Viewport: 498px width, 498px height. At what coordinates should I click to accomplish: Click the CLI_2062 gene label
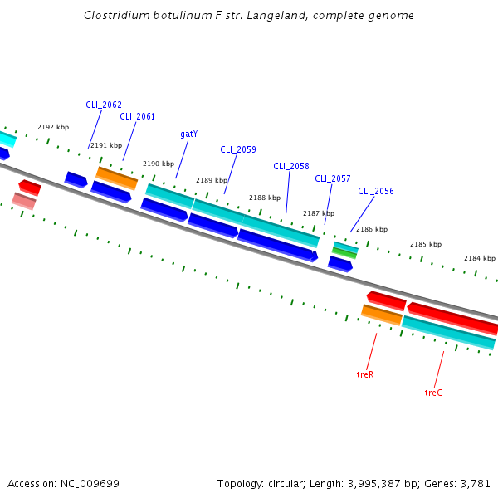(x=104, y=105)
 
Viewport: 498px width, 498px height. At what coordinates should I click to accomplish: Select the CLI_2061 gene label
(x=137, y=117)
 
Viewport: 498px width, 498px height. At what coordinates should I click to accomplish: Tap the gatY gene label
(x=188, y=134)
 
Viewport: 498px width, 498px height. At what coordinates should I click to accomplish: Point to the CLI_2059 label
(x=237, y=150)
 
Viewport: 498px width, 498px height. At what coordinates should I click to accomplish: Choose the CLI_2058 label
(x=290, y=166)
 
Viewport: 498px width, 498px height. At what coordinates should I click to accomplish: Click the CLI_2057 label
(x=332, y=179)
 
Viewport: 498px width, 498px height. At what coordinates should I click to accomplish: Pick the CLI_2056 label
(x=376, y=192)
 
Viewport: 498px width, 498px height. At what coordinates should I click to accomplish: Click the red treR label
(x=365, y=375)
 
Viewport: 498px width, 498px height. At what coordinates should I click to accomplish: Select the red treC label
(x=433, y=393)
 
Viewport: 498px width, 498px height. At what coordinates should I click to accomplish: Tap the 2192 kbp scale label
(x=53, y=128)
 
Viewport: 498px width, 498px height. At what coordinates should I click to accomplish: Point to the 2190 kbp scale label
(x=159, y=164)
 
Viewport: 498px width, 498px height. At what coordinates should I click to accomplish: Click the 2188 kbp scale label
(x=265, y=198)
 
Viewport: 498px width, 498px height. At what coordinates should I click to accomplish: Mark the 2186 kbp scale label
(x=372, y=229)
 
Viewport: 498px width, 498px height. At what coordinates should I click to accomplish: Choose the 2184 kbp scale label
(x=479, y=258)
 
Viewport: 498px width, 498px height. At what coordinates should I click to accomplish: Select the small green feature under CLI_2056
(x=344, y=252)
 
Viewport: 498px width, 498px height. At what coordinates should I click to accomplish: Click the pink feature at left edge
(x=24, y=201)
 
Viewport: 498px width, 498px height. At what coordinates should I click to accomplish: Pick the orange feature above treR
(x=382, y=315)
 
